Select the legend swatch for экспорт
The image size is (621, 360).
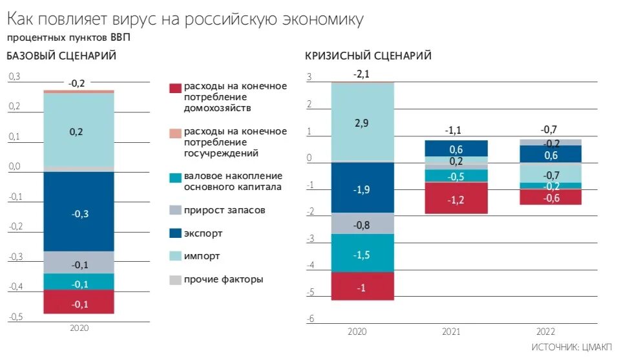click(174, 233)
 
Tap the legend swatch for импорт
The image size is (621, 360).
click(174, 257)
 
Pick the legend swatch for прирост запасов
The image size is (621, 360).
click(174, 210)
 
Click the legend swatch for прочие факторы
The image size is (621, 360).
click(174, 280)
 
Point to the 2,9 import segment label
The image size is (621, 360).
click(361, 122)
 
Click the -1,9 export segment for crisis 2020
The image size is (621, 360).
click(361, 189)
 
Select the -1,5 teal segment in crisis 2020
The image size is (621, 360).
click(361, 254)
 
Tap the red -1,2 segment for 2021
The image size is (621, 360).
click(456, 199)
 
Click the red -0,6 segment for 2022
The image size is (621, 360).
click(550, 198)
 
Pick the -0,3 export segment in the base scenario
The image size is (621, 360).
click(78, 213)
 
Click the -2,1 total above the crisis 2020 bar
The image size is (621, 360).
click(361, 74)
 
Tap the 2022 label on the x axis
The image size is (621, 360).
click(547, 332)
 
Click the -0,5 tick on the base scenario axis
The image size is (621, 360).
click(15, 317)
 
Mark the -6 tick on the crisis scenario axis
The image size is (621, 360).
click(310, 319)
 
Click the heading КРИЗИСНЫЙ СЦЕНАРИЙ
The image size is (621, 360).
click(368, 56)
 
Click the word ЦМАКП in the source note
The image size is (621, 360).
click(598, 348)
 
